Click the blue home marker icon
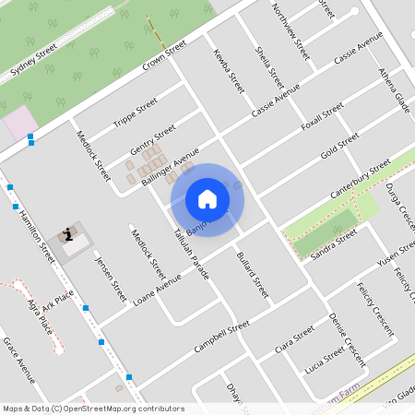[207, 199]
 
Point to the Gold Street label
[339, 145]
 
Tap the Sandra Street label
[333, 244]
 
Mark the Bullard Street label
[252, 275]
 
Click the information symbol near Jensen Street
[68, 235]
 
